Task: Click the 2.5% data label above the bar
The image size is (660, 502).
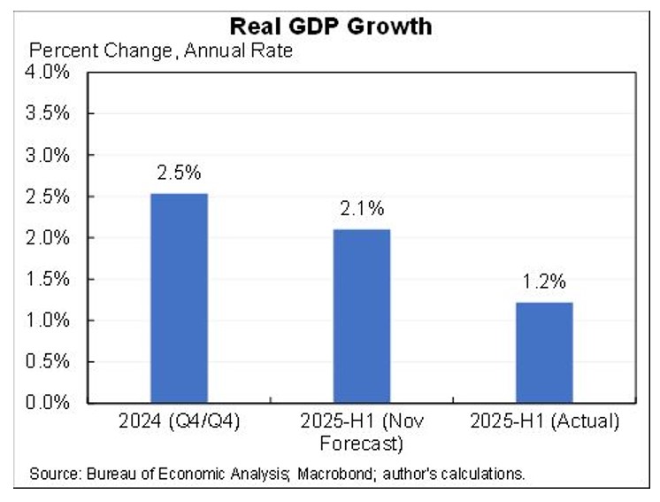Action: coord(179,173)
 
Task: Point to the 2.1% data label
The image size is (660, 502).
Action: coord(361,209)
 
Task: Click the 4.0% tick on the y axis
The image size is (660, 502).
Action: coord(50,73)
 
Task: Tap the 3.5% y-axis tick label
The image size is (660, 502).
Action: coord(50,114)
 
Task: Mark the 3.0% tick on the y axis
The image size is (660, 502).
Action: coord(50,156)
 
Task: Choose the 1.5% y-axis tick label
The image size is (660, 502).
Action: coord(50,279)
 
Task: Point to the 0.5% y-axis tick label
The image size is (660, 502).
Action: coord(50,361)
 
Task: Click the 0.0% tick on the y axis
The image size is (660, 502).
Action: coord(50,403)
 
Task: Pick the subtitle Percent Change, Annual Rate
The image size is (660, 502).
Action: coord(161,50)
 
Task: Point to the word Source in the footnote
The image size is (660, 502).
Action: coord(52,474)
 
